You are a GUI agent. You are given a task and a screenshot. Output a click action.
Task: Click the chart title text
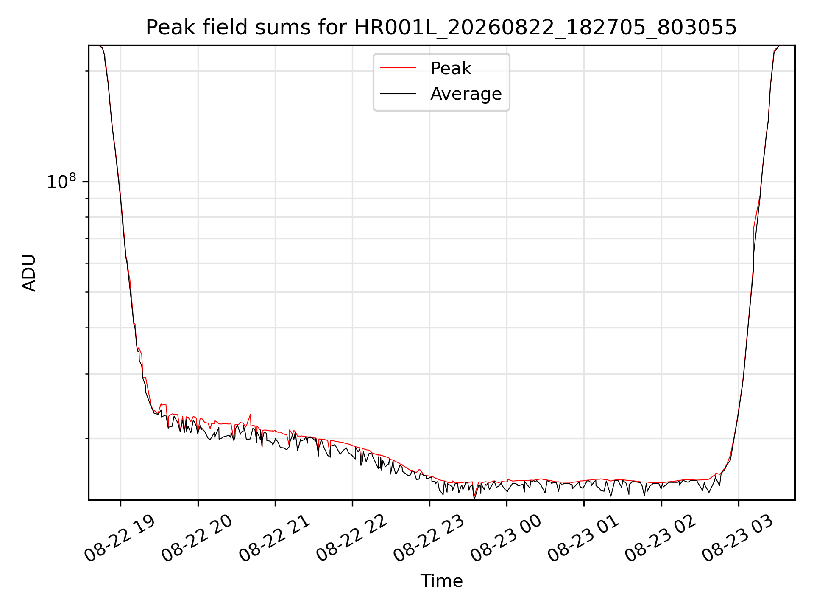click(x=441, y=28)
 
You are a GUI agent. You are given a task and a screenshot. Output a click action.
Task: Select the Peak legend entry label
click(x=451, y=68)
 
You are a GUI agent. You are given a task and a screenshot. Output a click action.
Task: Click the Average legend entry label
click(x=466, y=94)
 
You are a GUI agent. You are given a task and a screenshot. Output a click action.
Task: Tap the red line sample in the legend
click(x=398, y=68)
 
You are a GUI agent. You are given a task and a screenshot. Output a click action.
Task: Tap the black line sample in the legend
click(x=398, y=94)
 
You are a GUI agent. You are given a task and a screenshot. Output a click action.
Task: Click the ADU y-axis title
click(x=29, y=273)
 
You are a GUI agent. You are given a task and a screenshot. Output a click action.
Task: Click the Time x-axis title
click(x=441, y=581)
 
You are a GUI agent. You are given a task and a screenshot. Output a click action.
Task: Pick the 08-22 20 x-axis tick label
click(x=198, y=538)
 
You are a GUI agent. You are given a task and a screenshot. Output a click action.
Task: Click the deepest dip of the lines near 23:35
click(x=474, y=498)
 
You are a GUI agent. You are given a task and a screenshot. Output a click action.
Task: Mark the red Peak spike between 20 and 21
click(x=251, y=415)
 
